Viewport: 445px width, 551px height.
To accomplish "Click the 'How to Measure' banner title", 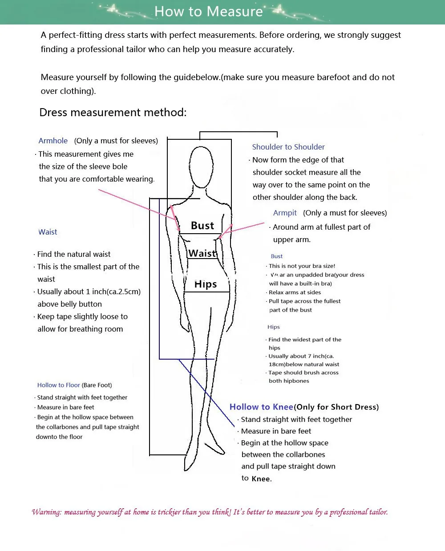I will point(209,12).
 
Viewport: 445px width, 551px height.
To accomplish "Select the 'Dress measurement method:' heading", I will point(113,112).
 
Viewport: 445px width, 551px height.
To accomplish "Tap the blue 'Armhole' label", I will point(53,141).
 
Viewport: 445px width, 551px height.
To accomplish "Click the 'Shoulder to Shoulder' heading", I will point(288,147).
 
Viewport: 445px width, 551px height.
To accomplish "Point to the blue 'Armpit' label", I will point(285,213).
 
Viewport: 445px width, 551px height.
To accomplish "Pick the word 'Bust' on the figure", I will point(202,226).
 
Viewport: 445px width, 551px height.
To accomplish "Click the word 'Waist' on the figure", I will point(202,253).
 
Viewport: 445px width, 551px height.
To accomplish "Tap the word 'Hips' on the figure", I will point(206,284).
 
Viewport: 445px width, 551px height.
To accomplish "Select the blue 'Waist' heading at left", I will point(48,232).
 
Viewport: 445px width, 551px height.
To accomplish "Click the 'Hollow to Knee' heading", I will point(261,407).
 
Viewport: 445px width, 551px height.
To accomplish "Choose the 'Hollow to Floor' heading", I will point(59,385).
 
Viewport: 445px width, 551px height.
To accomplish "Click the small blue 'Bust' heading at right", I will point(276,256).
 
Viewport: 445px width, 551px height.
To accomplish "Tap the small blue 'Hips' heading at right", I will point(274,327).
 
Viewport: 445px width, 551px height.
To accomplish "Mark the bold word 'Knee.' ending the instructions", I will point(262,479).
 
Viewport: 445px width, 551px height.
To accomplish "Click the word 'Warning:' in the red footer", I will point(47,512).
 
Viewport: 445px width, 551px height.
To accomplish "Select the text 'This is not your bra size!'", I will point(302,266).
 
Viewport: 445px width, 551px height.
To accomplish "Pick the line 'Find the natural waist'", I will point(74,254).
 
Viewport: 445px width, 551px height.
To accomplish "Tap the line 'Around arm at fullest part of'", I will point(321,227).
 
